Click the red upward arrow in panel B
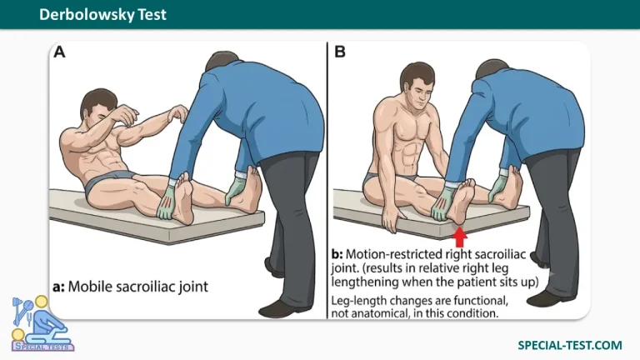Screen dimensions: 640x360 (460, 237)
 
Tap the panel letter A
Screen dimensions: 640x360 (60, 52)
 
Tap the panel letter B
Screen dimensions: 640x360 (340, 52)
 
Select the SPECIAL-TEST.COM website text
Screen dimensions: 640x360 (570, 345)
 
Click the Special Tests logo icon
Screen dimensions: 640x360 (42, 323)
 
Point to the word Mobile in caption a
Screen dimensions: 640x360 (91, 287)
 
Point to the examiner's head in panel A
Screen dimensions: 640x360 (222, 61)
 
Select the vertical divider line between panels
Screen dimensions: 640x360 (327, 180)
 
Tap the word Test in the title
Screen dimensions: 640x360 (152, 15)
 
